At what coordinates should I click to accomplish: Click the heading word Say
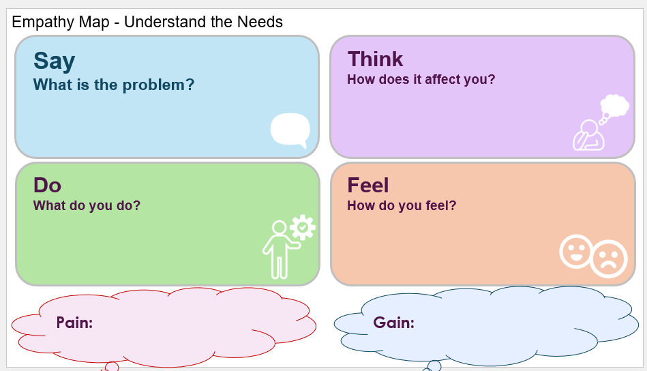(x=54, y=61)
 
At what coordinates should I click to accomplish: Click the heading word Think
(x=375, y=59)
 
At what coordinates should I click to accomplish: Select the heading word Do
(x=48, y=185)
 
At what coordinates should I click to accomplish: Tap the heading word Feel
(x=368, y=185)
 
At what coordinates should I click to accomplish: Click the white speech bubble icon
(x=290, y=130)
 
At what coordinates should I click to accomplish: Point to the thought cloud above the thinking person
(x=615, y=106)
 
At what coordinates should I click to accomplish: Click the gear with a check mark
(x=303, y=227)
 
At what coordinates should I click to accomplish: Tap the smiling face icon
(x=575, y=251)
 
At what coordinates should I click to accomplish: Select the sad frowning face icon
(x=609, y=258)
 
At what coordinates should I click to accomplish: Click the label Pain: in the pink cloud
(x=75, y=323)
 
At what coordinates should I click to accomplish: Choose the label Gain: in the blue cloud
(x=393, y=323)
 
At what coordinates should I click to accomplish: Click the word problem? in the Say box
(x=158, y=85)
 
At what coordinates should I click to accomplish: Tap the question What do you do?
(x=87, y=205)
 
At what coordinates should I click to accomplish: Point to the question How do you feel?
(x=402, y=205)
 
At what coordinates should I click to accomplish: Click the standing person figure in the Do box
(x=281, y=250)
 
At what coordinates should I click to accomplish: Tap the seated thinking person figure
(x=588, y=135)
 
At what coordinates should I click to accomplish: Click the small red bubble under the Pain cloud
(x=112, y=366)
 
